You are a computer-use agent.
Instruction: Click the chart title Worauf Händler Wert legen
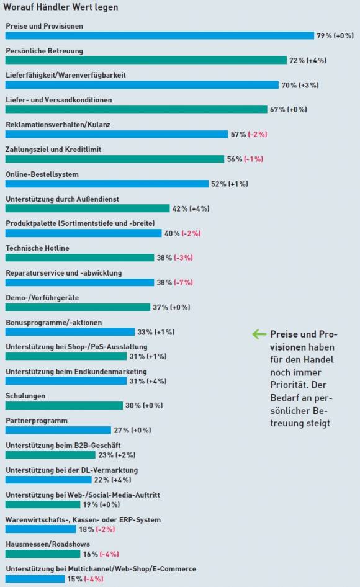coord(61,7)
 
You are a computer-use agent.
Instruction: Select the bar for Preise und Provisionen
coord(160,35)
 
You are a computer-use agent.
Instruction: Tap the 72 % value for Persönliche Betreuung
coord(297,60)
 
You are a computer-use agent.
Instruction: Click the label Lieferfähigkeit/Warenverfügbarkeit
coord(66,75)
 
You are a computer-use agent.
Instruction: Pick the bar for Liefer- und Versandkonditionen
coord(137,109)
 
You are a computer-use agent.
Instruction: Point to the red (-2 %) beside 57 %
coord(258,134)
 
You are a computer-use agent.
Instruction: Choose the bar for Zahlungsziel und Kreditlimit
coord(115,159)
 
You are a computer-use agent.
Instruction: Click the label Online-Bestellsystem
coord(42,174)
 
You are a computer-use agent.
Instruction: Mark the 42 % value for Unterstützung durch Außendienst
coord(180,208)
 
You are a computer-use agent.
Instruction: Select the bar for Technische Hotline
coord(80,258)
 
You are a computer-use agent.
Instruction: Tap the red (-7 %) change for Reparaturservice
coord(183,282)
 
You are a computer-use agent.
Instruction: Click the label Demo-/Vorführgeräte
coord(42,298)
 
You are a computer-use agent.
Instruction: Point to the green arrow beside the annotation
coord(259,334)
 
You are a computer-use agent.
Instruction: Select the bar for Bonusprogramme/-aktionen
coord(70,332)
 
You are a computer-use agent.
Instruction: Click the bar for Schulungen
coord(64,405)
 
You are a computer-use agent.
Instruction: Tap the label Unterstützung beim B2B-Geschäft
coord(63,446)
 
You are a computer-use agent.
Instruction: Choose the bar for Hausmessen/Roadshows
coord(43,553)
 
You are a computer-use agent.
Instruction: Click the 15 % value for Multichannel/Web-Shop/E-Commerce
coord(75,579)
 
